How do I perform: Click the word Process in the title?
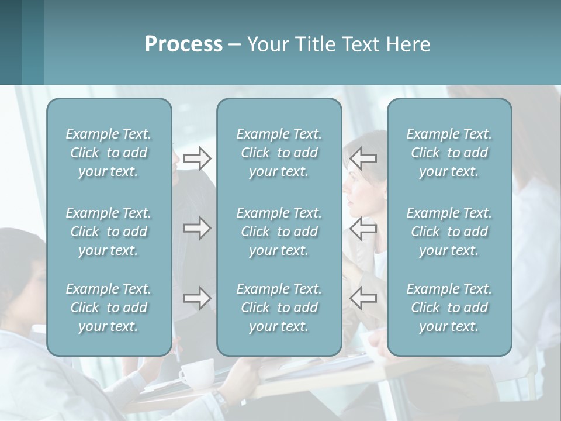[183, 44]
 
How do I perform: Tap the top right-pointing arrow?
[198, 158]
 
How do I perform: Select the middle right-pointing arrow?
[198, 228]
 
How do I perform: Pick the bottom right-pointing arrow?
[198, 298]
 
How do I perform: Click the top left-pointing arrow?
[363, 158]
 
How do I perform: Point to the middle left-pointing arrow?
[363, 228]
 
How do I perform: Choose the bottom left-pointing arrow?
[363, 298]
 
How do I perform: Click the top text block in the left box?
[109, 153]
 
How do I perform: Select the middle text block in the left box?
[109, 232]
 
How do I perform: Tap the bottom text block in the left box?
[109, 308]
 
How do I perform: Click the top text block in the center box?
[279, 153]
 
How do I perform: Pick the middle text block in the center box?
[279, 232]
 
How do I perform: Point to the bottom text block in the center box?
[279, 308]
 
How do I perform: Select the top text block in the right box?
[449, 153]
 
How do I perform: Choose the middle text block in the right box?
[449, 232]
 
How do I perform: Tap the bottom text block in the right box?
[449, 308]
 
